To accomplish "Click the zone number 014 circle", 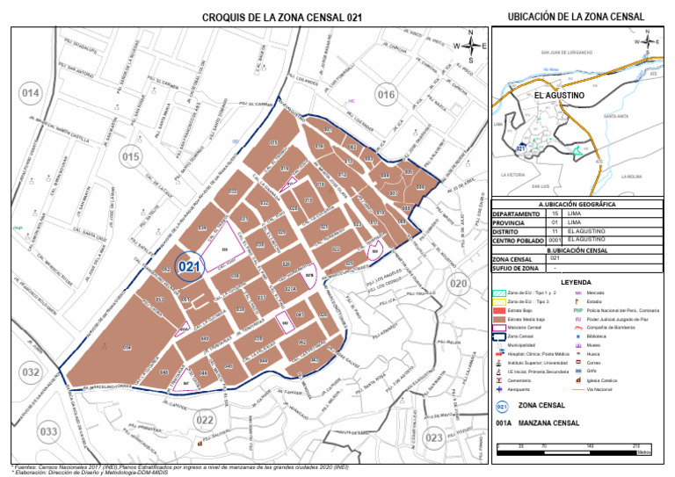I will [x=32, y=94].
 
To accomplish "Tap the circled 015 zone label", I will [x=130, y=157].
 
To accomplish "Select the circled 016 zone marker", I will [x=386, y=94].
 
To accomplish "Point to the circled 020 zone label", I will [x=459, y=284].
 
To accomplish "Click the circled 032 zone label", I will [x=32, y=372].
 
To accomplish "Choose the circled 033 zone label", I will [x=49, y=431].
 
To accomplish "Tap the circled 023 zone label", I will [x=433, y=437].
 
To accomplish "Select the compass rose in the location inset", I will [x=645, y=41].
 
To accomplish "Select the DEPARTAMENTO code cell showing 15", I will [x=555, y=213].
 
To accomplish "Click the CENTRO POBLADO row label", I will [x=516, y=240].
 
